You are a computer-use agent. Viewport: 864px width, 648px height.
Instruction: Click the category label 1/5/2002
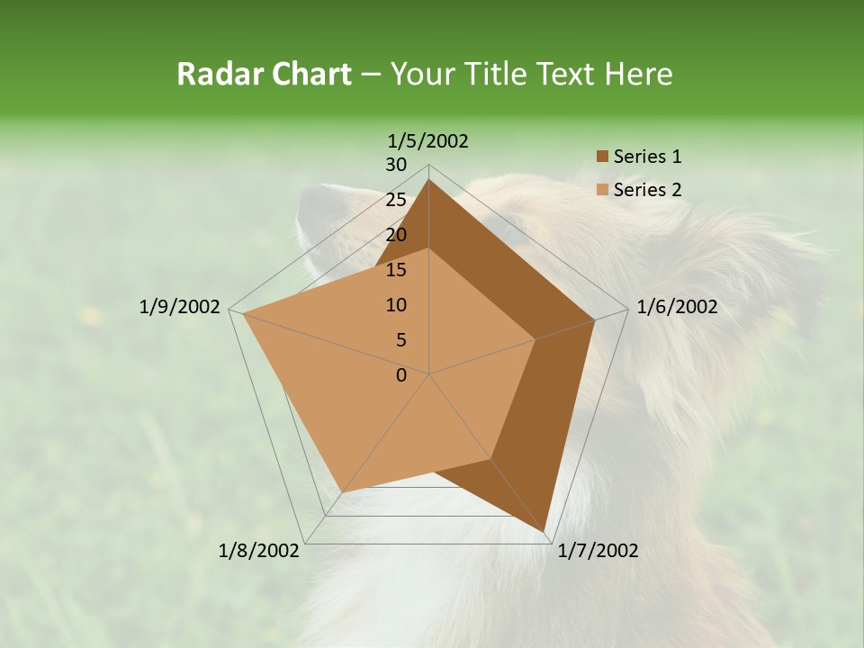point(428,140)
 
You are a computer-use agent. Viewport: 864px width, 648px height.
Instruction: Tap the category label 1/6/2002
point(677,307)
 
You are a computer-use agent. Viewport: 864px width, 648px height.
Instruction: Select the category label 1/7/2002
point(598,551)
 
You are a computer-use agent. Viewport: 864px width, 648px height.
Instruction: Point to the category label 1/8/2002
point(259,551)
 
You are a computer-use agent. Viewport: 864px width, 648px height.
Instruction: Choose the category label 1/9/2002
point(180,307)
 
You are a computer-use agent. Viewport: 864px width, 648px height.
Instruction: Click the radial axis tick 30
point(396,165)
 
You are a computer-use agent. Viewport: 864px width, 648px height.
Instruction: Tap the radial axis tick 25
point(396,200)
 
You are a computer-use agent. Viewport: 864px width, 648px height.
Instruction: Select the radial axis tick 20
point(396,235)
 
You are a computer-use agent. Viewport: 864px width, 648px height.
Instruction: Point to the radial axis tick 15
point(396,270)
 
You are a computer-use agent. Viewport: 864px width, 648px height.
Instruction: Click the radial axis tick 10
point(396,305)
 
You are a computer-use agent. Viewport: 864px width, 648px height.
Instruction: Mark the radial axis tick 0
point(401,375)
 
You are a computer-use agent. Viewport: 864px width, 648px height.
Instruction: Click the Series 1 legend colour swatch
point(602,157)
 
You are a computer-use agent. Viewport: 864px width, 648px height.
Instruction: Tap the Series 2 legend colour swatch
point(602,190)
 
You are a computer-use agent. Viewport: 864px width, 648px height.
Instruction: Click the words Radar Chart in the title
point(264,74)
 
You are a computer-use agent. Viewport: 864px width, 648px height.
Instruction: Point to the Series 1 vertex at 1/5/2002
point(428,180)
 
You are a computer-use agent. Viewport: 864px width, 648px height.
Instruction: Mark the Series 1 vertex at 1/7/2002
point(545,533)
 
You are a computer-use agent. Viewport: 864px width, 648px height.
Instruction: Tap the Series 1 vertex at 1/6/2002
point(595,319)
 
